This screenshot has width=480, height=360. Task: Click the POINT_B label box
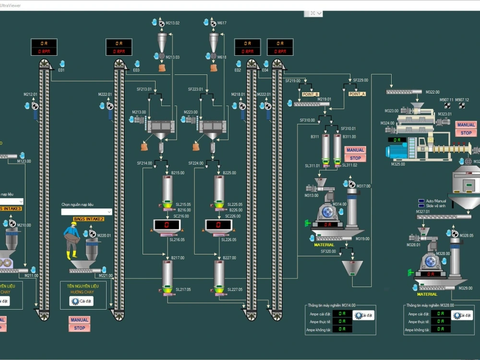pyautogui.click(x=311, y=94)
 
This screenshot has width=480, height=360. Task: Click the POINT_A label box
pyautogui.click(x=357, y=94)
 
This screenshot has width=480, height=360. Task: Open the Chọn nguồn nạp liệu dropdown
pyautogui.click(x=86, y=212)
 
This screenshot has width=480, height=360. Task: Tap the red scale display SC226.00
pyautogui.click(x=218, y=224)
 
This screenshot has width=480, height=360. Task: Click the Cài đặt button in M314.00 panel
pyautogui.click(x=363, y=315)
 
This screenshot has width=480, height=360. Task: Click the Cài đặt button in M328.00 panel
pyautogui.click(x=462, y=315)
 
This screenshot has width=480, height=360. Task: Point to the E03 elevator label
pyautogui.click(x=136, y=71)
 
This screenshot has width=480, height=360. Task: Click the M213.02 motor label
pyautogui.click(x=173, y=23)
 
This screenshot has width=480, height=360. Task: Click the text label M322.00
pyautogui.click(x=432, y=92)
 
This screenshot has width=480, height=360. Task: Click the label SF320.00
pyautogui.click(x=328, y=251)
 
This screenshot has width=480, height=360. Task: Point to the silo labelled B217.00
pyautogui.click(x=167, y=274)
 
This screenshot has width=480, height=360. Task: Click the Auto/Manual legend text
pyautogui.click(x=436, y=201)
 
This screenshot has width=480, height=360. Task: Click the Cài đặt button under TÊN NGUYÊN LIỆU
pyautogui.click(x=82, y=301)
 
